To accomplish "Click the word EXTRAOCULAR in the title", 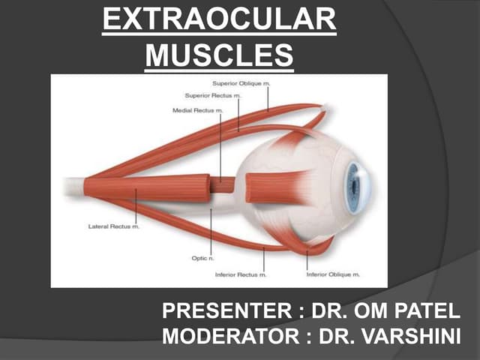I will pos(219,19).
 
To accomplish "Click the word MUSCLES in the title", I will pos(219,54).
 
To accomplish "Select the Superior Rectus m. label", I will pos(214,96).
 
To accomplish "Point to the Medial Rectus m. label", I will pos(198,111).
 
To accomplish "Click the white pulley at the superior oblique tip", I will pos(322,109).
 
